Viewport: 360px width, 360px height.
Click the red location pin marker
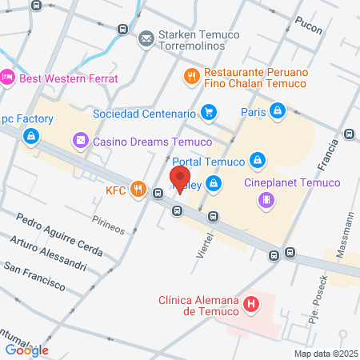180,178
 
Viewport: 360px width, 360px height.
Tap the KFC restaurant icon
138,190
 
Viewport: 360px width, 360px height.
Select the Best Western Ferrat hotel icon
8,78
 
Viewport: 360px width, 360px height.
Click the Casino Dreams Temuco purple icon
81,142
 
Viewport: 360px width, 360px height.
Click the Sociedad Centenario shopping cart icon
209,112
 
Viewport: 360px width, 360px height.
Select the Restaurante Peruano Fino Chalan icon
191,77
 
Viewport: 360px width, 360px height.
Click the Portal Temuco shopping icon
258,161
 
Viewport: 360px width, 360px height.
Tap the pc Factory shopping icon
30,136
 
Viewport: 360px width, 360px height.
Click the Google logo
27,350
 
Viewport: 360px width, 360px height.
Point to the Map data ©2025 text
325,354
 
